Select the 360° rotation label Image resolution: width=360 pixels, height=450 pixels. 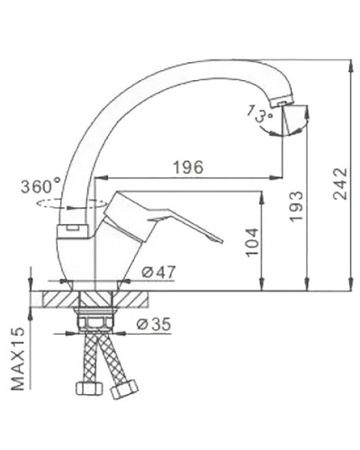point(40,187)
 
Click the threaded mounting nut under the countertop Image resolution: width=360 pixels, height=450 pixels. point(96,320)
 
